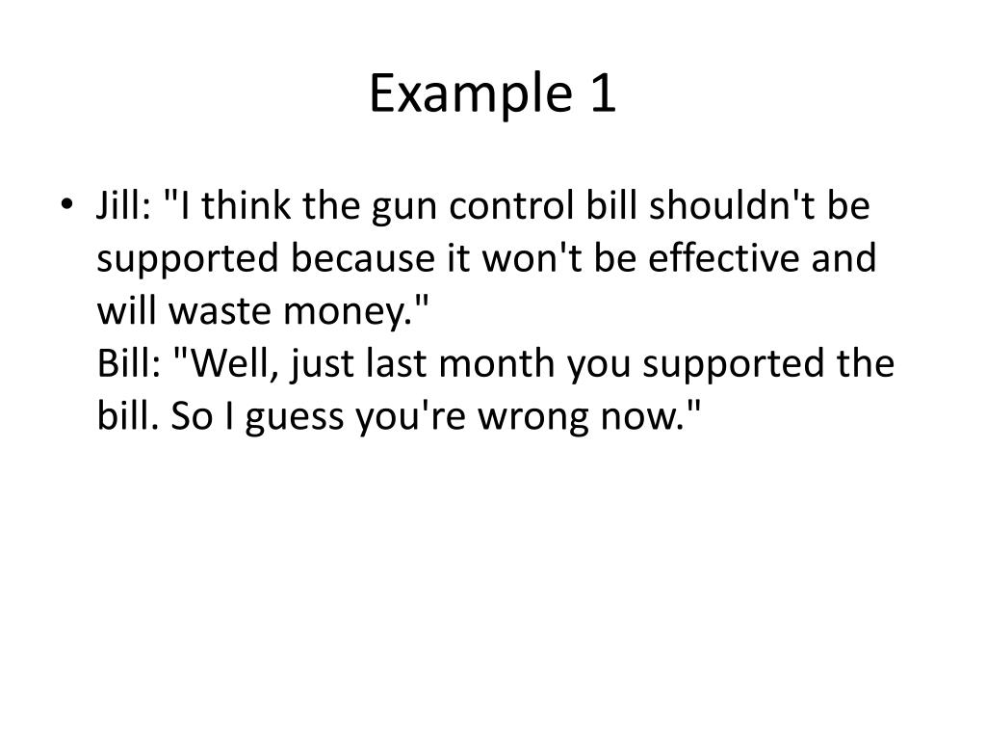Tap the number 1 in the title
coord(599,94)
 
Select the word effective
coord(710,259)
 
